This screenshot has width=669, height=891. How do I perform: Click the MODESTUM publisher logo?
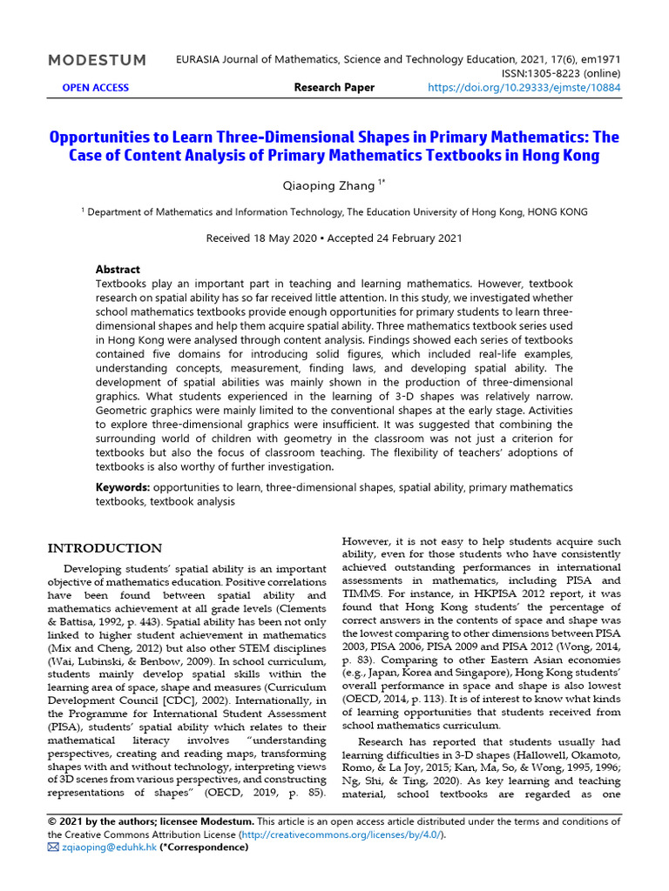97,60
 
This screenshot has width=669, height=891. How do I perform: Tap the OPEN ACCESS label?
95,88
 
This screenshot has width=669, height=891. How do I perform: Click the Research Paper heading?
334,88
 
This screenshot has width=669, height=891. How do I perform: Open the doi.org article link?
524,88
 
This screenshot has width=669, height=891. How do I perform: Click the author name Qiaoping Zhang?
329,184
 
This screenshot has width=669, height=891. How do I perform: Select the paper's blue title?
334,146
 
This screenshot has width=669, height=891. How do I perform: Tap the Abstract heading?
118,270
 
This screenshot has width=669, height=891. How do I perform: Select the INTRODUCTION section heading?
105,548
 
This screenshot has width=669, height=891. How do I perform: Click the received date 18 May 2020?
260,238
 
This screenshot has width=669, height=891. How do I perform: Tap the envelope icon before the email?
53,847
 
